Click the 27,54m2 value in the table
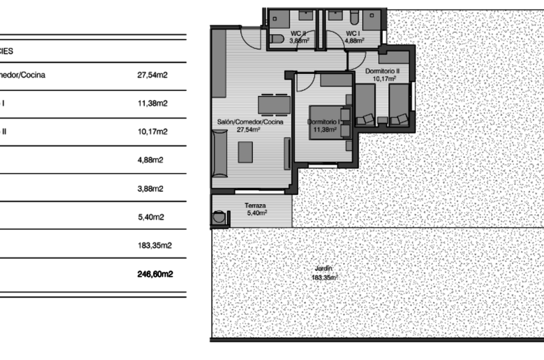click(153, 75)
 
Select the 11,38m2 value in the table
click(153, 104)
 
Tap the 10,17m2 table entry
click(153, 132)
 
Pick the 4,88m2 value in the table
click(151, 160)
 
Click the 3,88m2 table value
click(151, 189)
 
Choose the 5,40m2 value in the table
click(151, 217)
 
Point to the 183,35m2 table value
click(155, 245)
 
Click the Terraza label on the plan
click(255, 206)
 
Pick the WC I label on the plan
click(353, 34)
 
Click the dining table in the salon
click(274, 104)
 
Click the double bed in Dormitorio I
click(329, 122)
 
